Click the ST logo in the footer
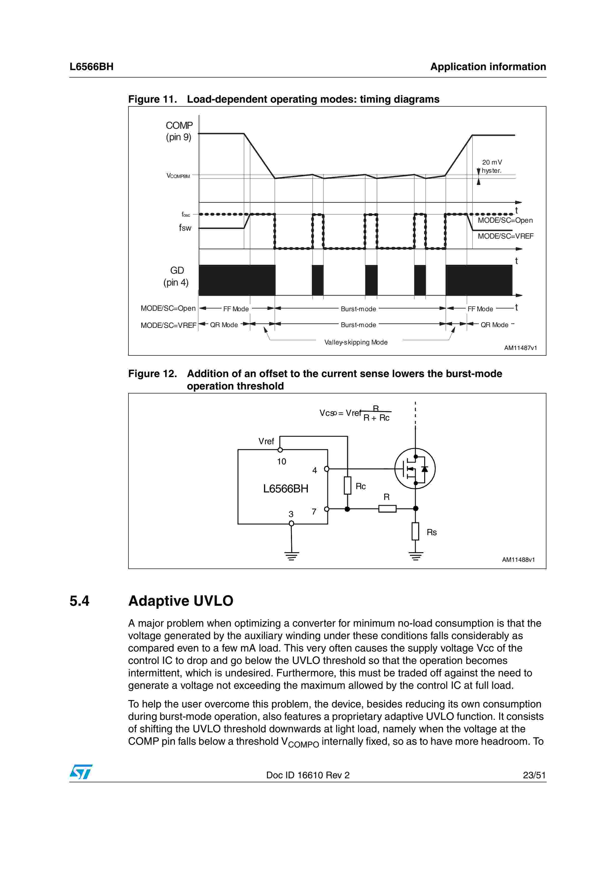click(x=81, y=772)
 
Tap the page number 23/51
click(x=534, y=775)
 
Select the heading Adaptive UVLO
click(x=181, y=601)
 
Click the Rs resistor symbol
click(x=415, y=531)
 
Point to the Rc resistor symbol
click(x=347, y=485)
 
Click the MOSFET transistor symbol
click(x=414, y=469)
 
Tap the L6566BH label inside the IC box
click(x=286, y=488)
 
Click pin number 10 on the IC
click(x=281, y=461)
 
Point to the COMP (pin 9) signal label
click(x=179, y=131)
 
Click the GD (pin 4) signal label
click(x=176, y=276)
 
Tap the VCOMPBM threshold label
click(x=178, y=176)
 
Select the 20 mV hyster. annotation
click(x=492, y=166)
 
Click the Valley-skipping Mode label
click(x=356, y=342)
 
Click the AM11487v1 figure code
click(x=520, y=348)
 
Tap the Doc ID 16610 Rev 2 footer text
click(x=307, y=775)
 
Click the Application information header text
click(x=488, y=67)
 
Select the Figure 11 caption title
click(x=284, y=99)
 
